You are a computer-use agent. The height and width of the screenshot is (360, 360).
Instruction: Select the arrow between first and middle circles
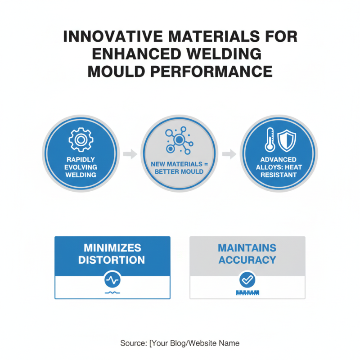coord(130,154)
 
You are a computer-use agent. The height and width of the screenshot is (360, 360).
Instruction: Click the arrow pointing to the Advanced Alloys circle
coord(229,154)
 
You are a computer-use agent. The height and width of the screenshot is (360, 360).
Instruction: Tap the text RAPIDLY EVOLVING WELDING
coord(81,167)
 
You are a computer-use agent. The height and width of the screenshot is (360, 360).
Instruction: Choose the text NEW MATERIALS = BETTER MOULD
coord(179,168)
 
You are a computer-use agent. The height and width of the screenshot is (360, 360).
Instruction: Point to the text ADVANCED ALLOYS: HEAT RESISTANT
coord(279,167)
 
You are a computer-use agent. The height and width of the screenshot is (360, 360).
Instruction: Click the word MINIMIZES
coord(112,248)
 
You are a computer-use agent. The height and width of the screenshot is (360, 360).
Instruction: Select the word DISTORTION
coord(112,260)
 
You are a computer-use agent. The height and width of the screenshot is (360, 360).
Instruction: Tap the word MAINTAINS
coord(247,248)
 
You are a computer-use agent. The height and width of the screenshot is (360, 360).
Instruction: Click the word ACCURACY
coord(247,260)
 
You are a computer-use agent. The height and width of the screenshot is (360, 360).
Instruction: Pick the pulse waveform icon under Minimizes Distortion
coord(112,280)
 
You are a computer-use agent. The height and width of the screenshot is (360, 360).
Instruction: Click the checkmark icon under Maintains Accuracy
coord(247,280)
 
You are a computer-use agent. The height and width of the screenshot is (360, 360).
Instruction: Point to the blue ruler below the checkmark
coord(247,292)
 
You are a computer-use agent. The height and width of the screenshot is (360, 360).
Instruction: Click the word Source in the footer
coord(133,343)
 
